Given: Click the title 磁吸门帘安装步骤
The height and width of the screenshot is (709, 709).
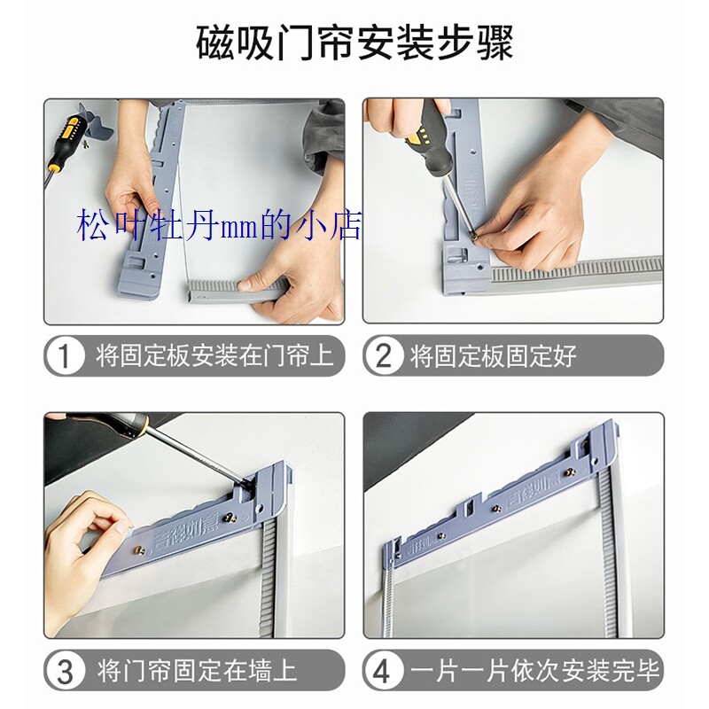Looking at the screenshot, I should point(354,43).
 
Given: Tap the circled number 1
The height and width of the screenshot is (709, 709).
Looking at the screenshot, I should point(65,356).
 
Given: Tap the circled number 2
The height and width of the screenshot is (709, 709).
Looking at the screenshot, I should point(384,356).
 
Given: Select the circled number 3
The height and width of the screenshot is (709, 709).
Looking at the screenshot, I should point(65,670).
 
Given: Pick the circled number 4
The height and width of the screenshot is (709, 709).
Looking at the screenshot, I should point(384,670).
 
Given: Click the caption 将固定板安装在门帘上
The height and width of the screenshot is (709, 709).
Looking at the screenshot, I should point(213,356).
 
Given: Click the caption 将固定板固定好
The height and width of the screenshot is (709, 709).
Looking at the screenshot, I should point(493,356).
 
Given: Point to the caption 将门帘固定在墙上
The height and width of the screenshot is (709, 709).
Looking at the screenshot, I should point(197,670).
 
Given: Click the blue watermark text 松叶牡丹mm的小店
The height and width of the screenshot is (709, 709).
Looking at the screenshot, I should point(220,224).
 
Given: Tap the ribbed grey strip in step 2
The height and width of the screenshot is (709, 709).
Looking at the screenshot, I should point(576,269).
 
